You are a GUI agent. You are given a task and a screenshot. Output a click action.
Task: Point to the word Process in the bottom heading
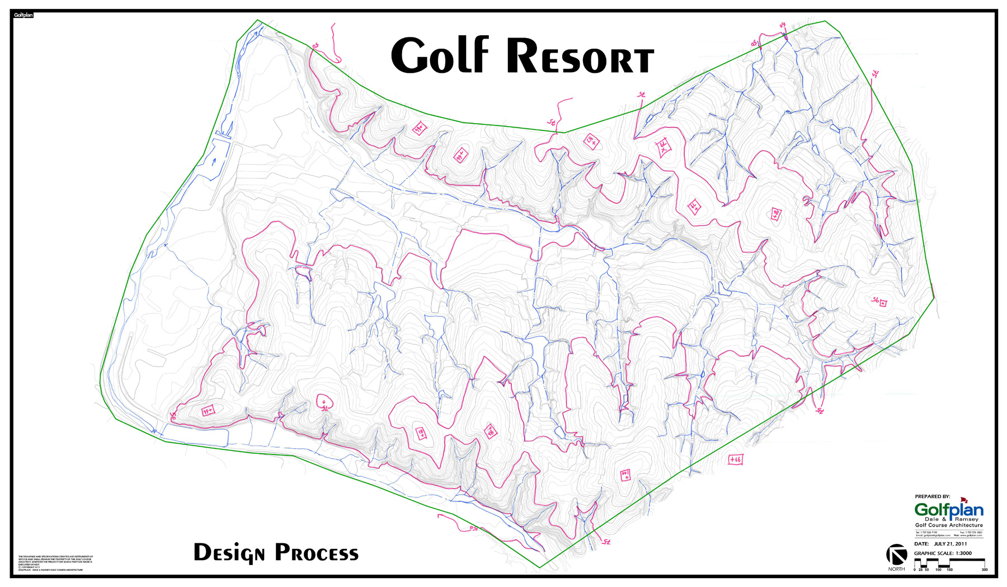pos(316,553)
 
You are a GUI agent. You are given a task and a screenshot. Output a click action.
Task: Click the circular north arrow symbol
pos(896,555)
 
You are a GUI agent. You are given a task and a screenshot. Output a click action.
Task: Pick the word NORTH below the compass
pos(896,569)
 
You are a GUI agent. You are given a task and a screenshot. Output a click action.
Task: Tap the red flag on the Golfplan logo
pos(963,500)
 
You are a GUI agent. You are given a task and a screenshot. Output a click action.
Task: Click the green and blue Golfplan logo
pos(948,510)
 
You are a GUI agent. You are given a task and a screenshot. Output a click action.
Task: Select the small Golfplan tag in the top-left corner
pos(23,15)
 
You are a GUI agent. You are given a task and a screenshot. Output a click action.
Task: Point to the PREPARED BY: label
pos(932,496)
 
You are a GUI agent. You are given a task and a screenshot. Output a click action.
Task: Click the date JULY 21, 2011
pos(950,543)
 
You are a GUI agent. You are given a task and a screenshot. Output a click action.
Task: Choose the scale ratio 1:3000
pos(963,553)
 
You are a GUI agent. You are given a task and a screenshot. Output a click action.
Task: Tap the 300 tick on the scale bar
pos(985,570)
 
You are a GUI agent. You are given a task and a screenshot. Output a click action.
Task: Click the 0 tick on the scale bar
pos(915,570)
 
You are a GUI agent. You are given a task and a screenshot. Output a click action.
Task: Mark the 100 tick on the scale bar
pos(938,570)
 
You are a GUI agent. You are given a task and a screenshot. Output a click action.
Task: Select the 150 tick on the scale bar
pos(949,570)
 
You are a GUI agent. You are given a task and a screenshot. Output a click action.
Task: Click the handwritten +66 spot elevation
pos(735,459)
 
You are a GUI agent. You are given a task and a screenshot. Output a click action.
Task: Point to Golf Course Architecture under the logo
pos(948,525)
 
